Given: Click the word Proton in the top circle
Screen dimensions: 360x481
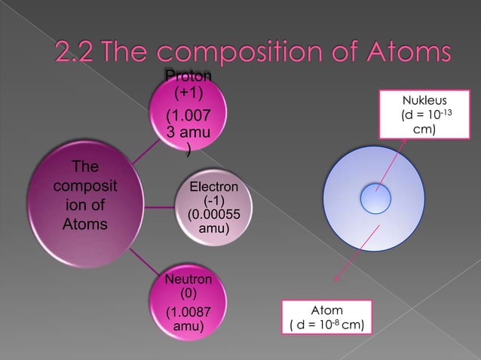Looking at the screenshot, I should [x=188, y=76].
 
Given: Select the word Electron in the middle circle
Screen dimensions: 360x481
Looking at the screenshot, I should [x=214, y=187].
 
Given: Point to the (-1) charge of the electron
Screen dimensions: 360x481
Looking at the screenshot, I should [x=214, y=200].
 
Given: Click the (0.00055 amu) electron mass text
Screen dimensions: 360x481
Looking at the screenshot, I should [x=214, y=221].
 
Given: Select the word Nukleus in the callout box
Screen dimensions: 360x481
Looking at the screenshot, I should [x=425, y=101].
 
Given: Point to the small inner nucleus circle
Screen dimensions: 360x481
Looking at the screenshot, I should [x=375, y=199].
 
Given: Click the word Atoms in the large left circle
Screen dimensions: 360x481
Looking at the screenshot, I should [x=75, y=224].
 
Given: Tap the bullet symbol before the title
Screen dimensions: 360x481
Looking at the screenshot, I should [x=33, y=53].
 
